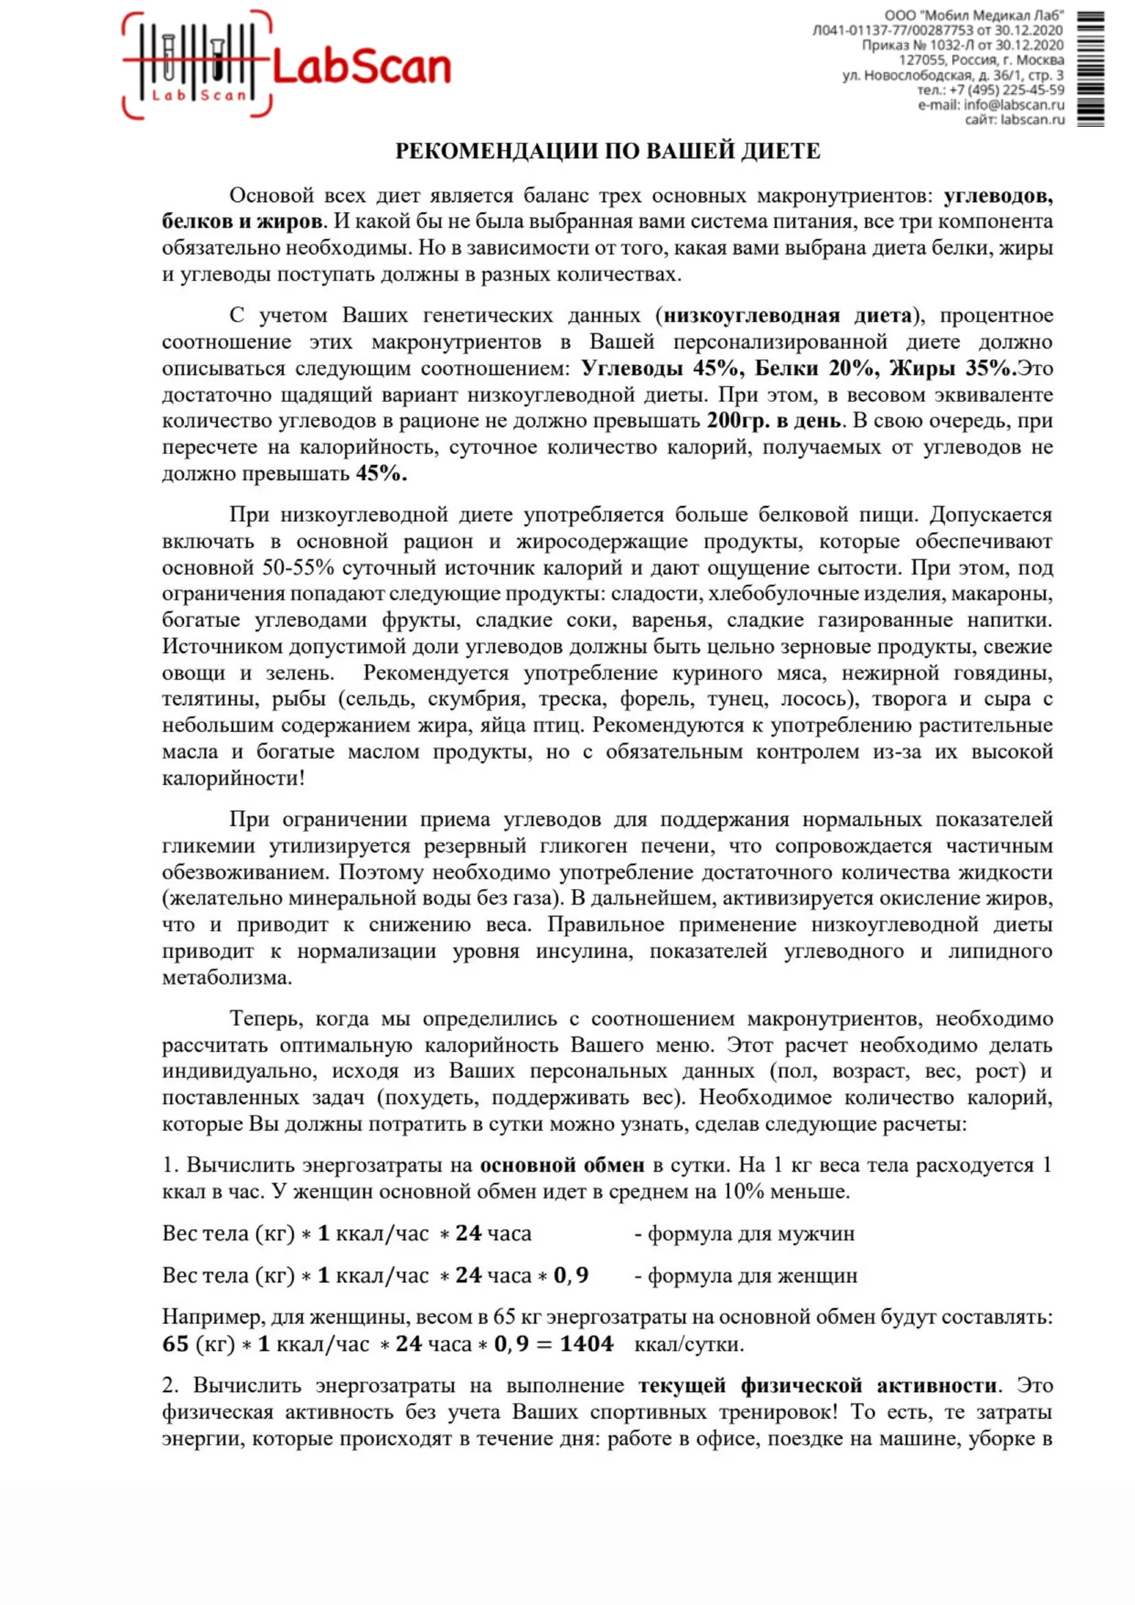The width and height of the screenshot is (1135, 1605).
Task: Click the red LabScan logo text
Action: click(361, 68)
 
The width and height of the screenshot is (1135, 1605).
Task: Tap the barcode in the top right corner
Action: click(1090, 69)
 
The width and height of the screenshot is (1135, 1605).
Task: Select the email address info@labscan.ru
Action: click(1014, 105)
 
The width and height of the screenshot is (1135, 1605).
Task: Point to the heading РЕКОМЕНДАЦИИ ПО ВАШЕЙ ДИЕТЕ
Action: click(608, 151)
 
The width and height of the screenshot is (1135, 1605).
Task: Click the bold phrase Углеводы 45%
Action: click(659, 368)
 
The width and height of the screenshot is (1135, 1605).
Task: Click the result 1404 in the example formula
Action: click(586, 1344)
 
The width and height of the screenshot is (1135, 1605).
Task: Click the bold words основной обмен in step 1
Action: click(562, 1165)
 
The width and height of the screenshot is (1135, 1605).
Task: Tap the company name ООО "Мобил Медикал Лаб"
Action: click(974, 16)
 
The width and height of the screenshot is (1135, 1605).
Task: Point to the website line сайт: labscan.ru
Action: click(1015, 119)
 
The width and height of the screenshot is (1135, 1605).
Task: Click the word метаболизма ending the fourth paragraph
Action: click(227, 977)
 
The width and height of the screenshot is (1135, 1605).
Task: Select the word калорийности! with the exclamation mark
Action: click(233, 778)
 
